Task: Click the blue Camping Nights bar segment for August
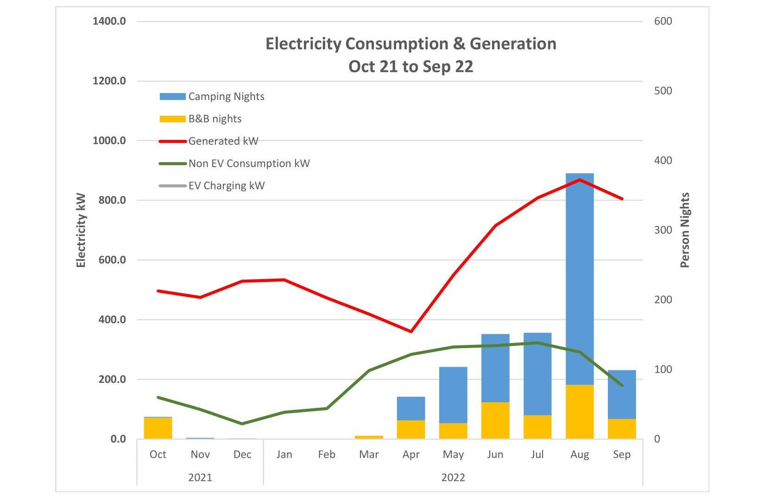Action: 580,278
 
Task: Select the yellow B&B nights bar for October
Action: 158,428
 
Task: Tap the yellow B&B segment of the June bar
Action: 495,420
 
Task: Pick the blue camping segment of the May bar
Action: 453,395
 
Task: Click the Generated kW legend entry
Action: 223,141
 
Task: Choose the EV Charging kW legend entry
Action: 226,186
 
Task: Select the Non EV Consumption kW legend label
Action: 249,163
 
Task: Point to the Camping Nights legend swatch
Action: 172,97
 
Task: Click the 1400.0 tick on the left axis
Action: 109,21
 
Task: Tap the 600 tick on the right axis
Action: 663,21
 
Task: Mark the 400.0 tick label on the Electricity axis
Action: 111,320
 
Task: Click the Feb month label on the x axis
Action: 327,455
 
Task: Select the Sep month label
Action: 622,455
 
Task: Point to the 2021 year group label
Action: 200,477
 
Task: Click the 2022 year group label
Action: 453,477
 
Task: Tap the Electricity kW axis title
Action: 81,230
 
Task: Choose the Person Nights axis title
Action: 685,230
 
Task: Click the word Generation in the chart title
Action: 513,44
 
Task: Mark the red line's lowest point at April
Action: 411,331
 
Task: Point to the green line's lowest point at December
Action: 242,424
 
